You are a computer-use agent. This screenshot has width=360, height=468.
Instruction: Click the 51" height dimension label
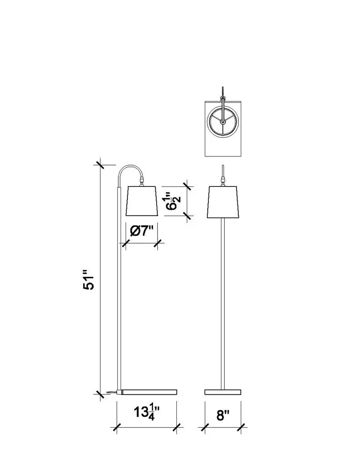pyautogui.click(x=89, y=280)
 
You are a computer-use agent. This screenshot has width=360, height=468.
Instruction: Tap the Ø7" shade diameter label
pyautogui.click(x=142, y=231)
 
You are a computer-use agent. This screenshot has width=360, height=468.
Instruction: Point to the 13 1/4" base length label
pyautogui.click(x=147, y=413)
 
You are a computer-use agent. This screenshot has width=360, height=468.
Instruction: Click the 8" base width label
pyautogui.click(x=223, y=415)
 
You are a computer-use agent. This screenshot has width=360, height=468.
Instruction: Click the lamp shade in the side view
pyautogui.click(x=142, y=201)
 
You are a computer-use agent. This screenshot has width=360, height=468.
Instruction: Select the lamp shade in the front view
pyautogui.click(x=223, y=202)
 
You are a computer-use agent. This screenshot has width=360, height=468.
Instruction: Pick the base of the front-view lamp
pyautogui.click(x=223, y=392)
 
